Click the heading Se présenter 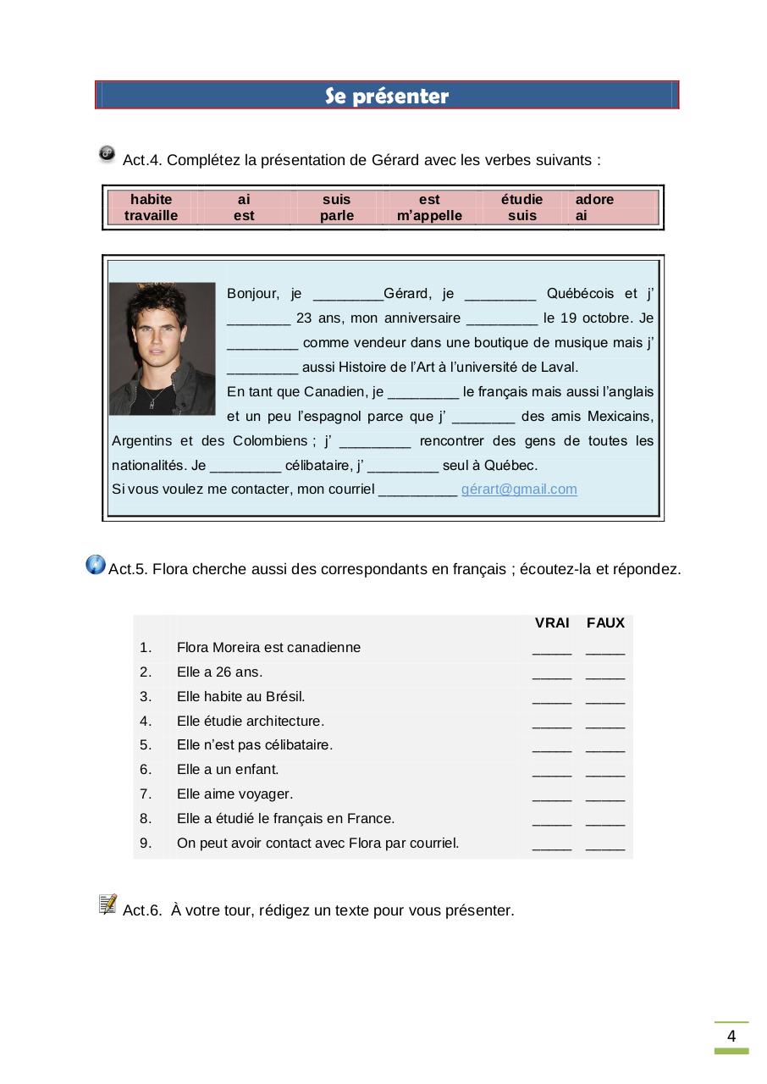pos(387,97)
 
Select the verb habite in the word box pos(152,200)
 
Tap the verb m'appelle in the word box pos(429,216)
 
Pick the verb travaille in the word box pos(152,216)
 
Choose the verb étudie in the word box pos(521,200)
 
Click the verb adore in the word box pos(594,200)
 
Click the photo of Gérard pos(163,348)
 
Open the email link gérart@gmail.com pos(519,489)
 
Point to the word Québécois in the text pos(581,294)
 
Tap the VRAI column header pos(552,623)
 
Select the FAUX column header pos(605,623)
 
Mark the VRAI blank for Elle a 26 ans pos(552,675)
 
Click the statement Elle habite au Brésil pos(240,697)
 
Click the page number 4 pos(731,1037)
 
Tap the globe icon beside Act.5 pos(96,565)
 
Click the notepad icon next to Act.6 pos(108,904)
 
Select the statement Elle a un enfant pos(228,770)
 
